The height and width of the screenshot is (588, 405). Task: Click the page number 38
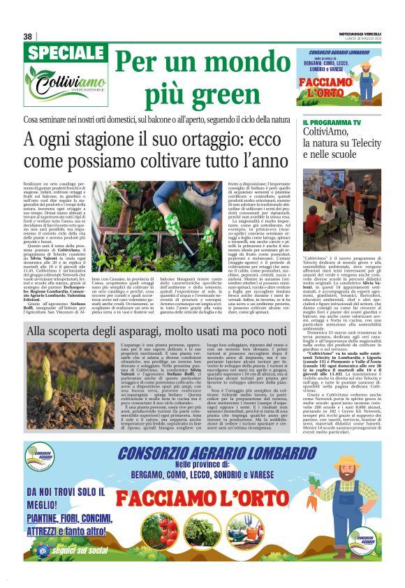tap(28, 36)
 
